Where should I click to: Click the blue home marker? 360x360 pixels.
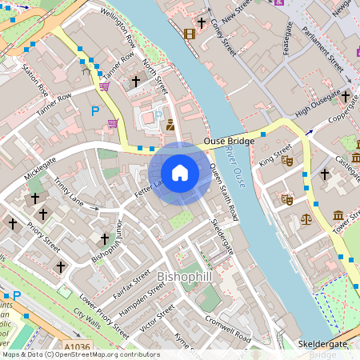pos(180,172)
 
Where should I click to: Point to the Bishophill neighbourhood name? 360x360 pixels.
pos(185,276)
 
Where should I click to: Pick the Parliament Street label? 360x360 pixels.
pos(324,50)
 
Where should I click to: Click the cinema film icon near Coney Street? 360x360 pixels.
pos(189,34)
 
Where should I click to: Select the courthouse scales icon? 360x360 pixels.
pos(305,218)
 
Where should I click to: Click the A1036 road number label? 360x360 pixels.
pos(76,347)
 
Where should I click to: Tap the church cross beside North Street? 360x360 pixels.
pos(136,81)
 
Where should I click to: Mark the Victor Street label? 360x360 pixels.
pos(157,318)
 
